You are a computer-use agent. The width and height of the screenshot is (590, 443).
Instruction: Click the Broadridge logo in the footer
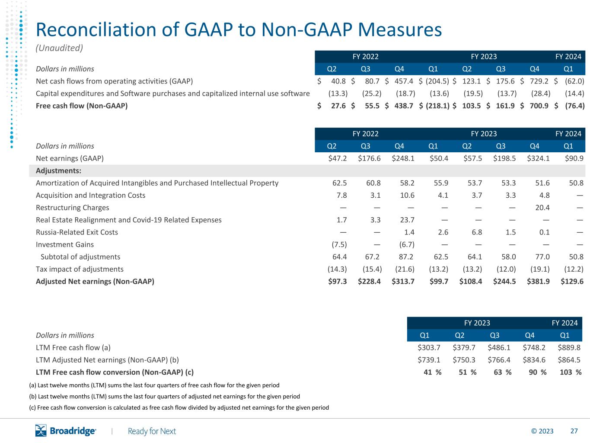click(x=65, y=430)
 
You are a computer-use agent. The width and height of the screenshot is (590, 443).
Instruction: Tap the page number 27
click(x=574, y=431)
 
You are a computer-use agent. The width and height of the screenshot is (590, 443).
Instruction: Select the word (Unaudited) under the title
click(x=59, y=48)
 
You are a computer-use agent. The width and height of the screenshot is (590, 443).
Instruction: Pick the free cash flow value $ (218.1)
click(x=434, y=106)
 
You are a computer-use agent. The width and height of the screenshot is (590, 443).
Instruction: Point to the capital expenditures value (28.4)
click(x=541, y=93)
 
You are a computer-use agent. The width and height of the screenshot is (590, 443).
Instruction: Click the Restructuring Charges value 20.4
click(x=542, y=208)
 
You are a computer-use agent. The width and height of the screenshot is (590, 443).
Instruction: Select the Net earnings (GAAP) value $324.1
click(x=538, y=158)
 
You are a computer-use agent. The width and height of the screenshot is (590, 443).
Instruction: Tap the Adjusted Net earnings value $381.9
click(x=538, y=281)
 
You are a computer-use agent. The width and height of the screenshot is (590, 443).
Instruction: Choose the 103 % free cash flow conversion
click(x=571, y=372)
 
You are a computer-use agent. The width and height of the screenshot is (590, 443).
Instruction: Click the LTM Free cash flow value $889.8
click(x=569, y=347)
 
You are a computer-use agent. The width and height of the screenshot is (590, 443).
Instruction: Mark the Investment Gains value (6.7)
click(x=407, y=244)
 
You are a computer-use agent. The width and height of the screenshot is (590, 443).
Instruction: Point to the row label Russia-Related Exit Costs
click(x=77, y=232)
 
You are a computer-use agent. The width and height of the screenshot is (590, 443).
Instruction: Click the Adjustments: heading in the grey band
click(x=59, y=171)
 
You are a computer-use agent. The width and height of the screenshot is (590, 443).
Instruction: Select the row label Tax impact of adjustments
click(x=80, y=269)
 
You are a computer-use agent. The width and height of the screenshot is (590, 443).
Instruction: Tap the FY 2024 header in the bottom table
click(x=564, y=323)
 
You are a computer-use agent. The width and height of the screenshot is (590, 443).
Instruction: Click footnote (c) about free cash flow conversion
click(x=179, y=408)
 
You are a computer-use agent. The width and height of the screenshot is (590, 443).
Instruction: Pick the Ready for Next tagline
click(x=152, y=431)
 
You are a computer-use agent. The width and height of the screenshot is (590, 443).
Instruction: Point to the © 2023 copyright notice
click(x=542, y=431)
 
